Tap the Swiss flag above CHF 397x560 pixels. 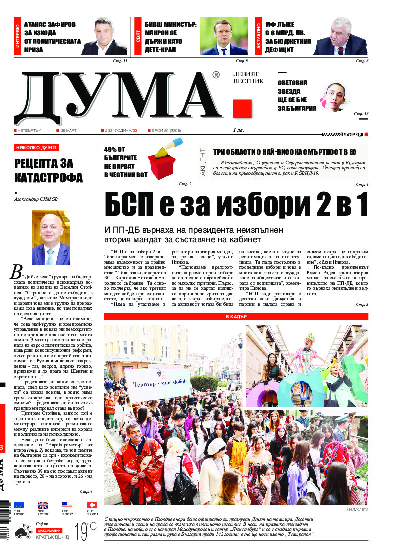pos(91,505)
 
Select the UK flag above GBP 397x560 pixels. pos(43,505)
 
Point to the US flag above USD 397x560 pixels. pos(67,505)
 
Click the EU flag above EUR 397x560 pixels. pos(19,505)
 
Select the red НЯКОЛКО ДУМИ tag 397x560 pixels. pos(37,148)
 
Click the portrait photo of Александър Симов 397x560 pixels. pos(51,238)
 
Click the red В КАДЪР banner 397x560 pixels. pos(236,317)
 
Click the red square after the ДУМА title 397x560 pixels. pos(242,108)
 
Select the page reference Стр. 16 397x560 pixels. pos(361,114)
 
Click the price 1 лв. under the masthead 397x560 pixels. pos(238,130)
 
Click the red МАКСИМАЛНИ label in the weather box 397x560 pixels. pos(48,529)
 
